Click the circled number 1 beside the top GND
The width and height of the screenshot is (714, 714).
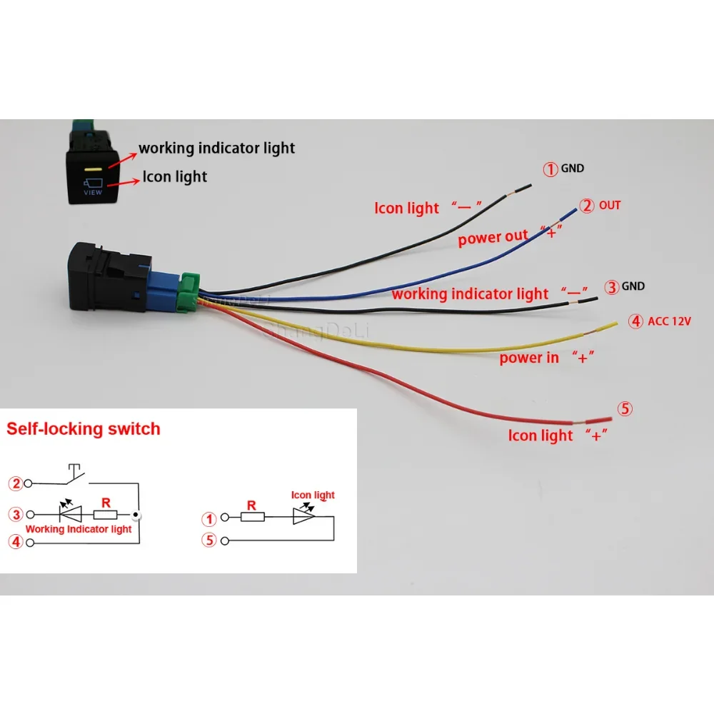pyautogui.click(x=550, y=170)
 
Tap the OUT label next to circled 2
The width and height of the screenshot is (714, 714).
pyautogui.click(x=610, y=206)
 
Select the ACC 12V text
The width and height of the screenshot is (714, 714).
pyautogui.click(x=670, y=321)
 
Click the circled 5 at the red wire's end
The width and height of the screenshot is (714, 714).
pyautogui.click(x=625, y=409)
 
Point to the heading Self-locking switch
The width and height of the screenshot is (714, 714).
pyautogui.click(x=84, y=429)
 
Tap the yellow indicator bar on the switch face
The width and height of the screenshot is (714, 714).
pyautogui.click(x=94, y=170)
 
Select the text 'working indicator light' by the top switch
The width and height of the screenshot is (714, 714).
pyautogui.click(x=216, y=149)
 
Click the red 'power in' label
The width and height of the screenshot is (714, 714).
pyautogui.click(x=529, y=358)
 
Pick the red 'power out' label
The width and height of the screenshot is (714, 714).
pyautogui.click(x=493, y=237)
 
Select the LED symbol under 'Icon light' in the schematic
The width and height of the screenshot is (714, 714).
pyautogui.click(x=303, y=516)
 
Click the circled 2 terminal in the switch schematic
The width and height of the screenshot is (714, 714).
pyautogui.click(x=16, y=483)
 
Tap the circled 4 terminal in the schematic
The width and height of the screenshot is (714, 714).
pyautogui.click(x=16, y=543)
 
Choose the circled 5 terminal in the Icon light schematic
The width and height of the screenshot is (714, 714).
pyautogui.click(x=209, y=540)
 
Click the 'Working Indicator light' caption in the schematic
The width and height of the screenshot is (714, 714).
pyautogui.click(x=79, y=529)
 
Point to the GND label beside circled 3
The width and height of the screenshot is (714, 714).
pyautogui.click(x=633, y=286)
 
